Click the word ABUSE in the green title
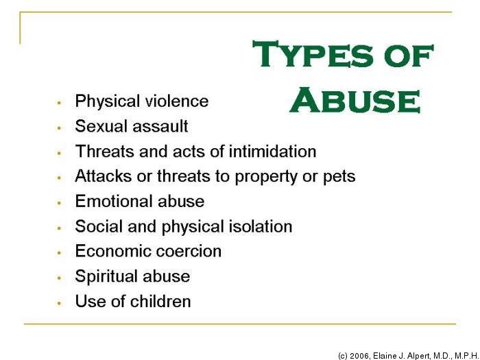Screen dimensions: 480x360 355,100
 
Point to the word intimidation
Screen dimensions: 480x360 272,151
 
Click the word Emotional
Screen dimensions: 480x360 114,201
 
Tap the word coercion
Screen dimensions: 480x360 189,252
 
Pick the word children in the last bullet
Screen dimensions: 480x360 160,301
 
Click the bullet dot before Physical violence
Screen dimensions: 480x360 60,103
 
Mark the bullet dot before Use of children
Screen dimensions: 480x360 60,303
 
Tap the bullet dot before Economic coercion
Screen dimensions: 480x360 60,253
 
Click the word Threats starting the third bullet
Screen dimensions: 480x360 105,151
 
